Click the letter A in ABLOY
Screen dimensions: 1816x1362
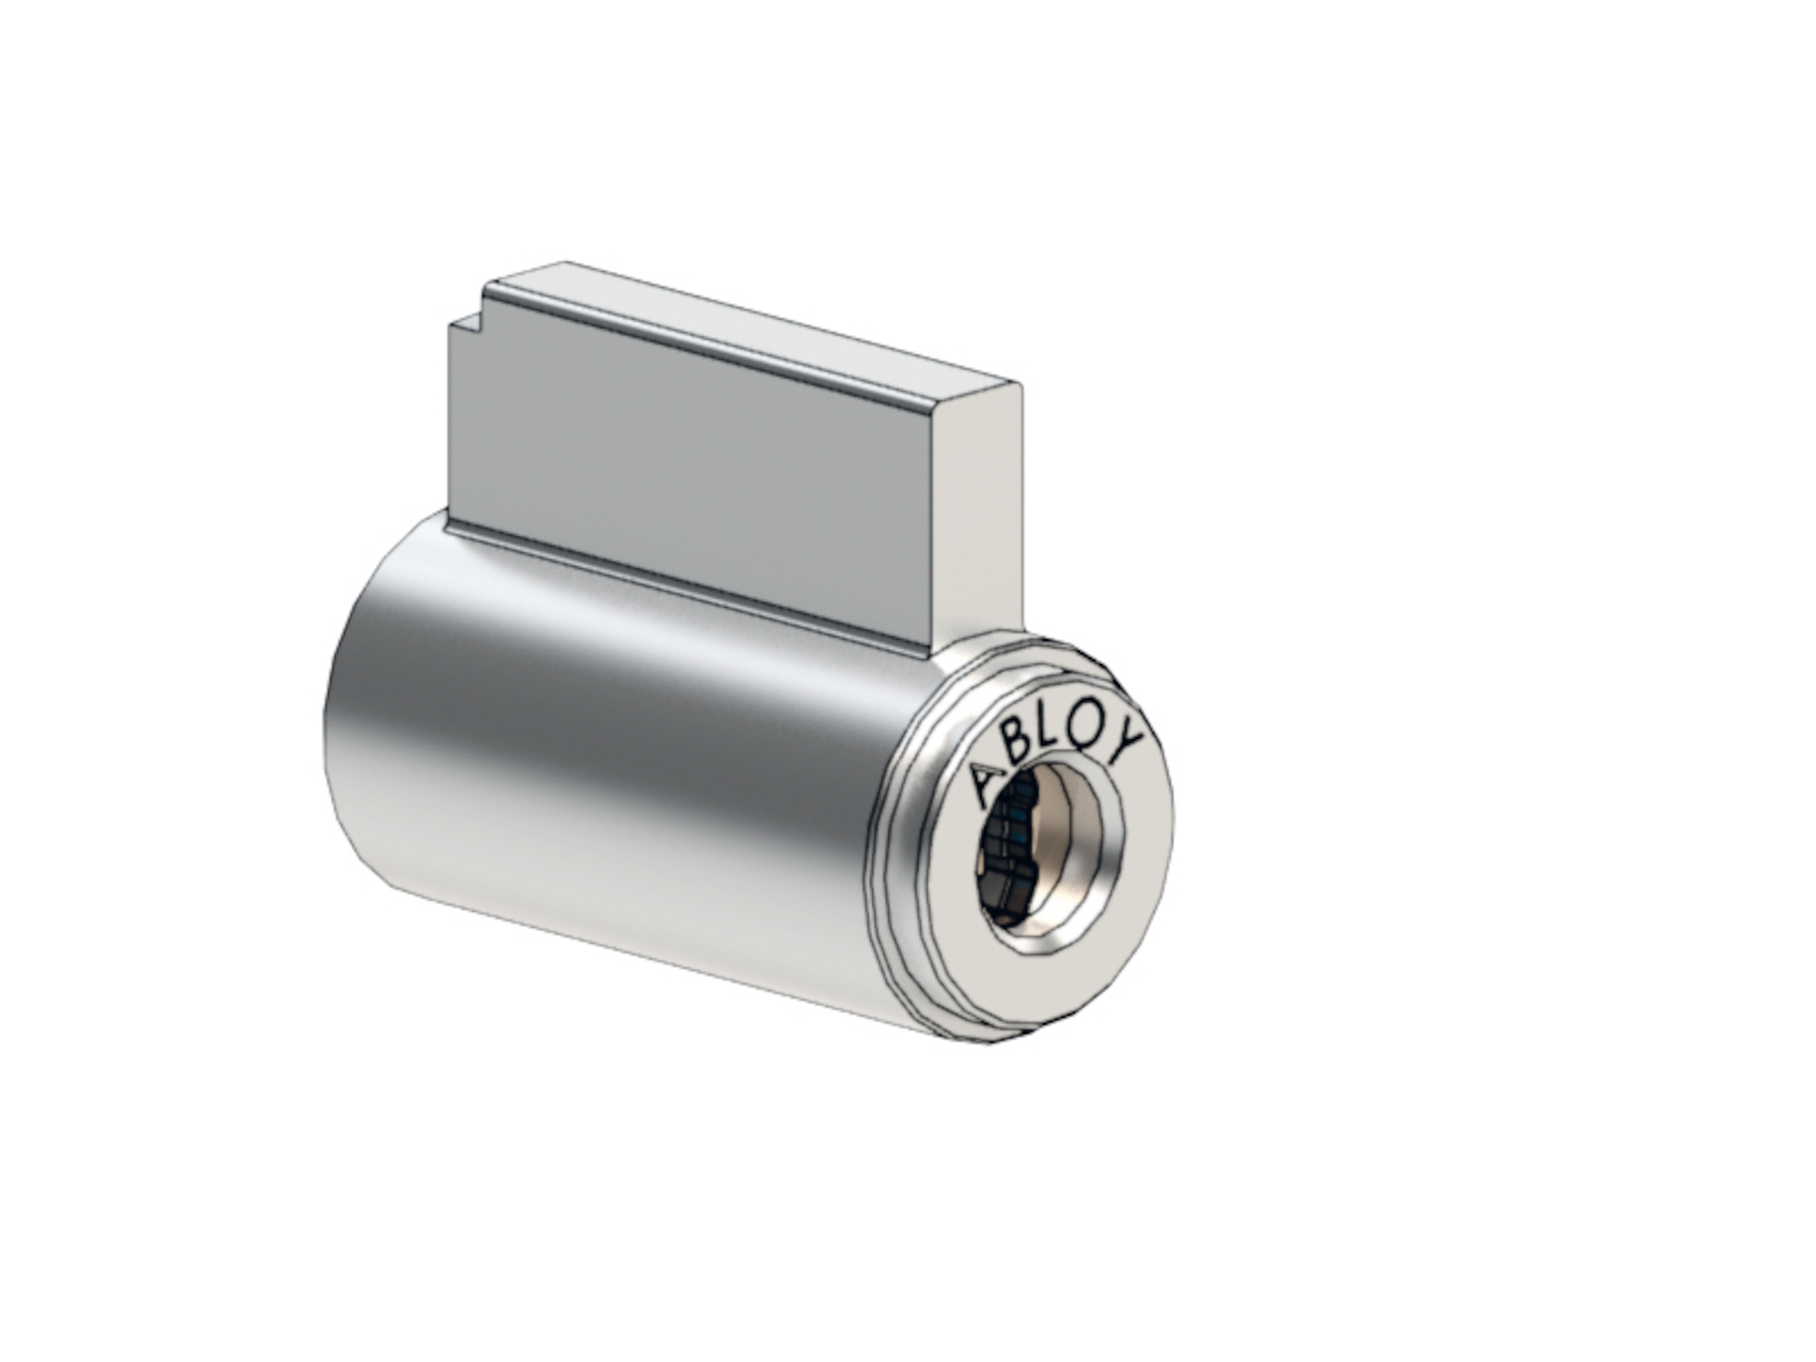pyautogui.click(x=987, y=784)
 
